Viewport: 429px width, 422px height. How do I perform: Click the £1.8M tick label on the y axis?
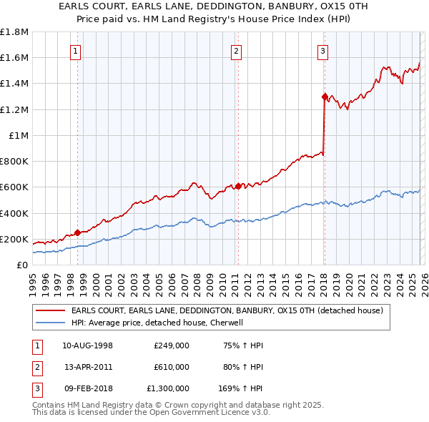coord(14,32)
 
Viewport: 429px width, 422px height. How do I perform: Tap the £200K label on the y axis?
coord(14,239)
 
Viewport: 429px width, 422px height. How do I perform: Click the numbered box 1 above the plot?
coord(76,51)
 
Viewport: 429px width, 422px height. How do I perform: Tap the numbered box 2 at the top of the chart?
coord(236,51)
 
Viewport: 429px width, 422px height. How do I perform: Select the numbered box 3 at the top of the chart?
coord(323,51)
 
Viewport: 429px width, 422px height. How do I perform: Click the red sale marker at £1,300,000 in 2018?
coord(325,97)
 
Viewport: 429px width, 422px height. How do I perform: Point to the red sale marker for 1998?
coord(78,232)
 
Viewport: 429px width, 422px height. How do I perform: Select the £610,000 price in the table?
coord(172,367)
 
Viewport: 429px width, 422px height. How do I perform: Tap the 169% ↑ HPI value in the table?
coord(241,388)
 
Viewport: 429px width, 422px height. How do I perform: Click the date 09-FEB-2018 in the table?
coord(88,388)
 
